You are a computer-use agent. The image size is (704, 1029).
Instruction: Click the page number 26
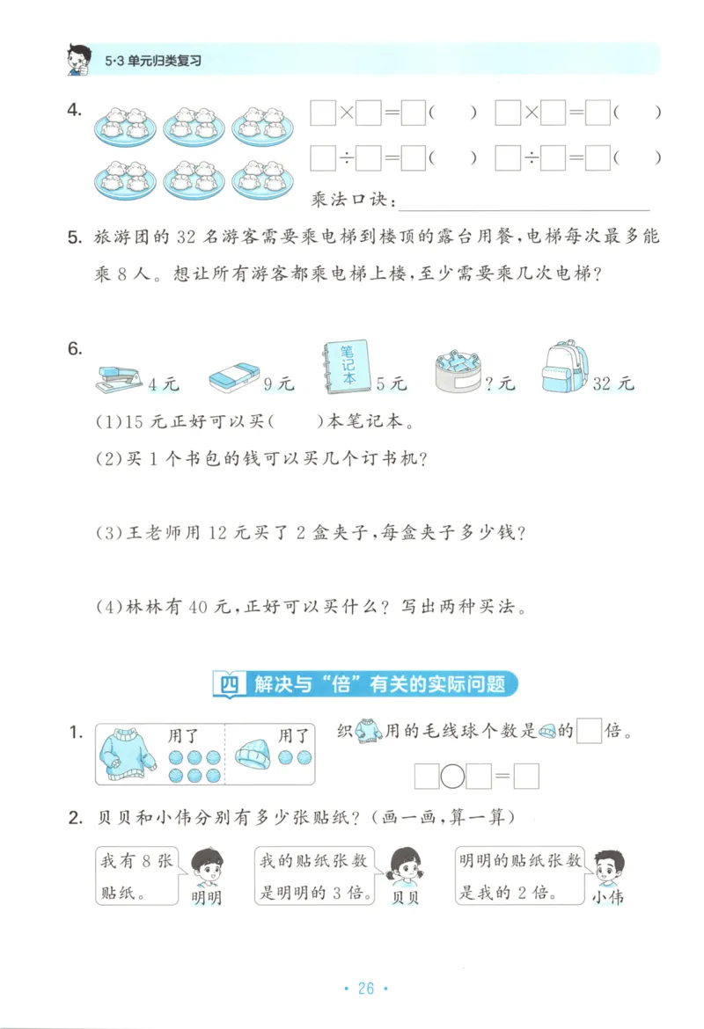[x=366, y=989]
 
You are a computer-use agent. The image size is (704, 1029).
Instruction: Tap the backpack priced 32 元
[x=565, y=367]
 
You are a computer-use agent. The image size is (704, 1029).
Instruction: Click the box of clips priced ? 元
[x=458, y=373]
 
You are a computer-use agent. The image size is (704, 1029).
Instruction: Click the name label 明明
[x=206, y=897]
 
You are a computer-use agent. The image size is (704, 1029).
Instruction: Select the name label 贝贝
[x=405, y=897]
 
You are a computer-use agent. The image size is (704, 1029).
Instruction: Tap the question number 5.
[x=74, y=237]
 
